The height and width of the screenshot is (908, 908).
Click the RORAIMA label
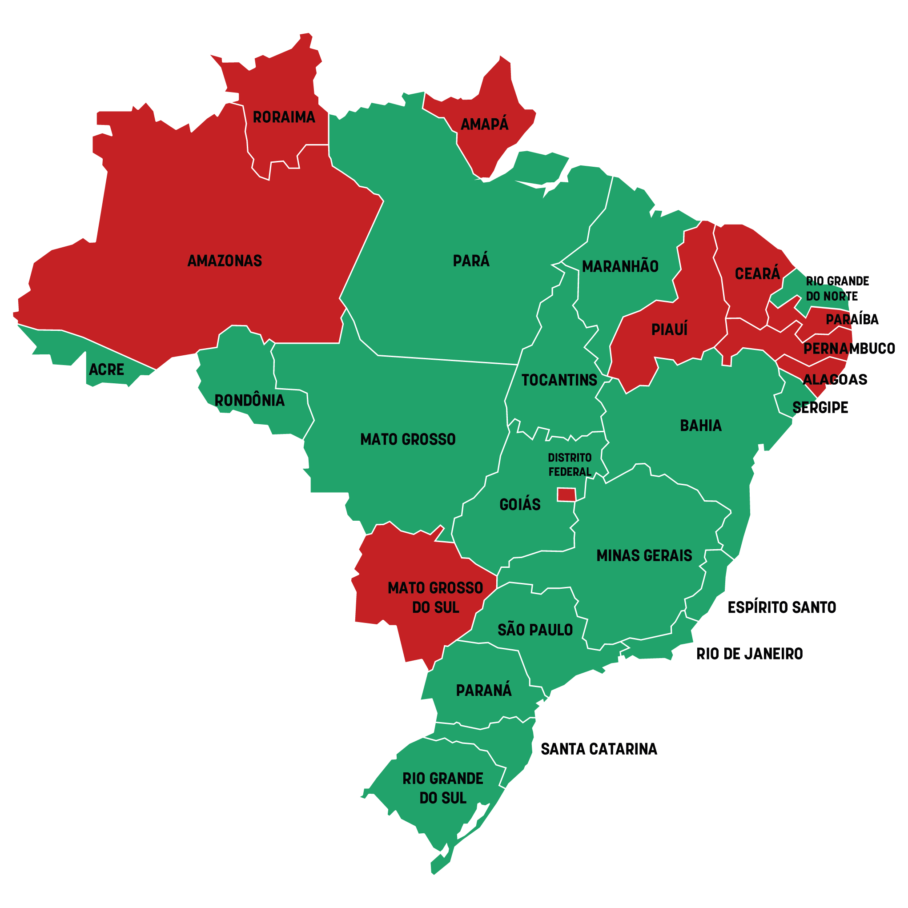click(284, 117)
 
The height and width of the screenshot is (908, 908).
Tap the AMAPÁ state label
click(485, 125)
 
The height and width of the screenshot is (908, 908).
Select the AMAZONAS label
click(225, 261)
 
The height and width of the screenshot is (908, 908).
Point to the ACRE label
click(107, 370)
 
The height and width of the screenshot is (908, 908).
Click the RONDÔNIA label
click(249, 401)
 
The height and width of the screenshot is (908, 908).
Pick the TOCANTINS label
click(559, 380)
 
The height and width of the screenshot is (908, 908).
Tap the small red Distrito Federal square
click(566, 495)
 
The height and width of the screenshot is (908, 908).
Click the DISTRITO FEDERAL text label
click(570, 465)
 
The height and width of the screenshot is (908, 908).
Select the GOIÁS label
click(520, 505)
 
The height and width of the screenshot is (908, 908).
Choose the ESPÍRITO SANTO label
click(782, 608)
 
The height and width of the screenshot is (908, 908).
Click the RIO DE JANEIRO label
click(750, 654)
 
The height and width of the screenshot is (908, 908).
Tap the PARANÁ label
click(484, 691)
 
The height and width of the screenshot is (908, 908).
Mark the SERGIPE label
click(820, 407)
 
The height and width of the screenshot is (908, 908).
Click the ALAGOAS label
click(835, 379)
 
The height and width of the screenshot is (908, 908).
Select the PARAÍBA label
click(852, 320)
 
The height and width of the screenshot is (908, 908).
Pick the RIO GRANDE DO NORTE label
click(837, 289)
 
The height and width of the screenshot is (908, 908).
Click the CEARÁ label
click(757, 273)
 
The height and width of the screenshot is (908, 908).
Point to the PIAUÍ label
click(669, 330)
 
